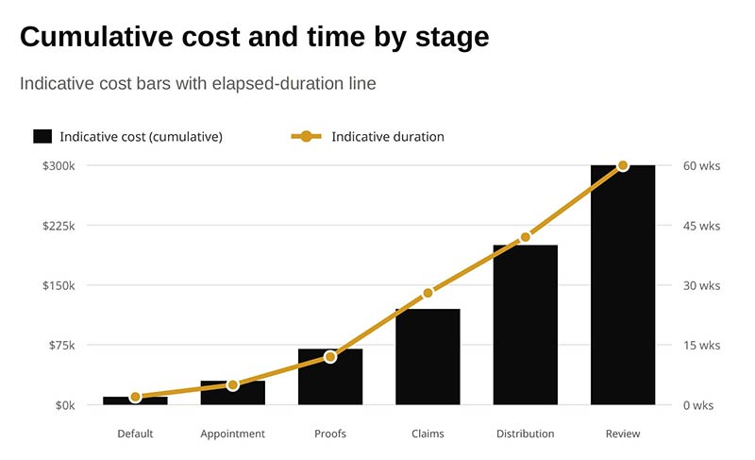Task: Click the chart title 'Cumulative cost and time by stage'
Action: [x=254, y=37]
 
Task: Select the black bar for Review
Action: [x=623, y=284]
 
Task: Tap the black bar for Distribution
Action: [x=526, y=325]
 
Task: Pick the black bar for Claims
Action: [x=428, y=357]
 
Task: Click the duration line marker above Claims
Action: [x=428, y=293]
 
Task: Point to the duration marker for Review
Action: [x=623, y=165]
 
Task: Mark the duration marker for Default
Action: [x=135, y=397]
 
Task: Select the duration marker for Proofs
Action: [x=330, y=357]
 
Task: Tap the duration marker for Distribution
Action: [x=526, y=237]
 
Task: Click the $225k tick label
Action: [x=59, y=226]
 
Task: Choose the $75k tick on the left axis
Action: [x=61, y=346]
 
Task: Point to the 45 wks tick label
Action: [x=701, y=226]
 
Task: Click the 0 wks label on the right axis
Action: [x=698, y=405]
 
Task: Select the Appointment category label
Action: [x=232, y=434]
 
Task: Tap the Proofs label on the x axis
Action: [x=330, y=434]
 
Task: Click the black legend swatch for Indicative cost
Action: [x=42, y=136]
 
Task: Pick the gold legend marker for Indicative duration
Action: [x=306, y=137]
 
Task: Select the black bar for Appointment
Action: [x=232, y=393]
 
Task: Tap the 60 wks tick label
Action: [x=701, y=165]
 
